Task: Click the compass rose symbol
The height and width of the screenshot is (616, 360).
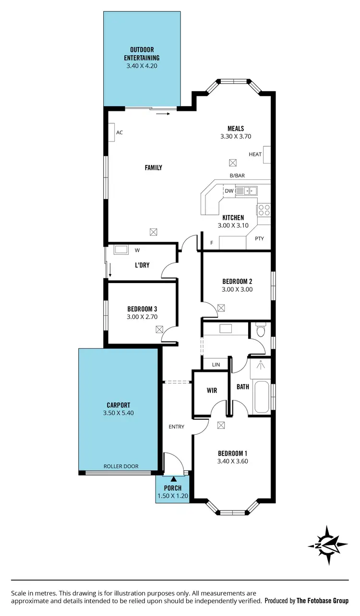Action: tap(328, 545)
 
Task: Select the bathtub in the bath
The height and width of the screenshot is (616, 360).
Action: tap(262, 397)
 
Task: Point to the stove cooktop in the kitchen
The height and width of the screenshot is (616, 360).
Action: tap(264, 210)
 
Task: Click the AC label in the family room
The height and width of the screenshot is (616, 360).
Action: tap(120, 132)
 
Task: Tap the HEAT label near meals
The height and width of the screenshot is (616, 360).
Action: tap(255, 154)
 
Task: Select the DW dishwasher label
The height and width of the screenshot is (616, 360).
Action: tap(229, 191)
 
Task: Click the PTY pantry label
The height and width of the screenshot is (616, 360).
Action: tap(259, 238)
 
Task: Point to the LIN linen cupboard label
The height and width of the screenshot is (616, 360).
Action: tap(216, 365)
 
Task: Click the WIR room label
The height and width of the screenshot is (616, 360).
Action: tap(212, 391)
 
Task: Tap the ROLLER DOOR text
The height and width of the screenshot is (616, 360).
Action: tap(121, 466)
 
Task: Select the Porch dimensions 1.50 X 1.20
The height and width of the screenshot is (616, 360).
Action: tap(172, 496)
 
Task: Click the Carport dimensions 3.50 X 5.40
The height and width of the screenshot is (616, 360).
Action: tap(118, 413)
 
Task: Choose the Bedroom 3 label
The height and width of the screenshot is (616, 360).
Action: tap(142, 309)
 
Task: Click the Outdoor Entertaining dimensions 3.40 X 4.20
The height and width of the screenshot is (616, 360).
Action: tap(142, 66)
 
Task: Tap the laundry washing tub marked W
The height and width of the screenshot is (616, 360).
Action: tap(120, 250)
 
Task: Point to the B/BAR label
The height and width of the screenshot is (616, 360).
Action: tap(237, 176)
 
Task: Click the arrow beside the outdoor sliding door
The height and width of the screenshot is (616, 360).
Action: tap(163, 114)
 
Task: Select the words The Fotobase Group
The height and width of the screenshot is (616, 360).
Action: tap(323, 601)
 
